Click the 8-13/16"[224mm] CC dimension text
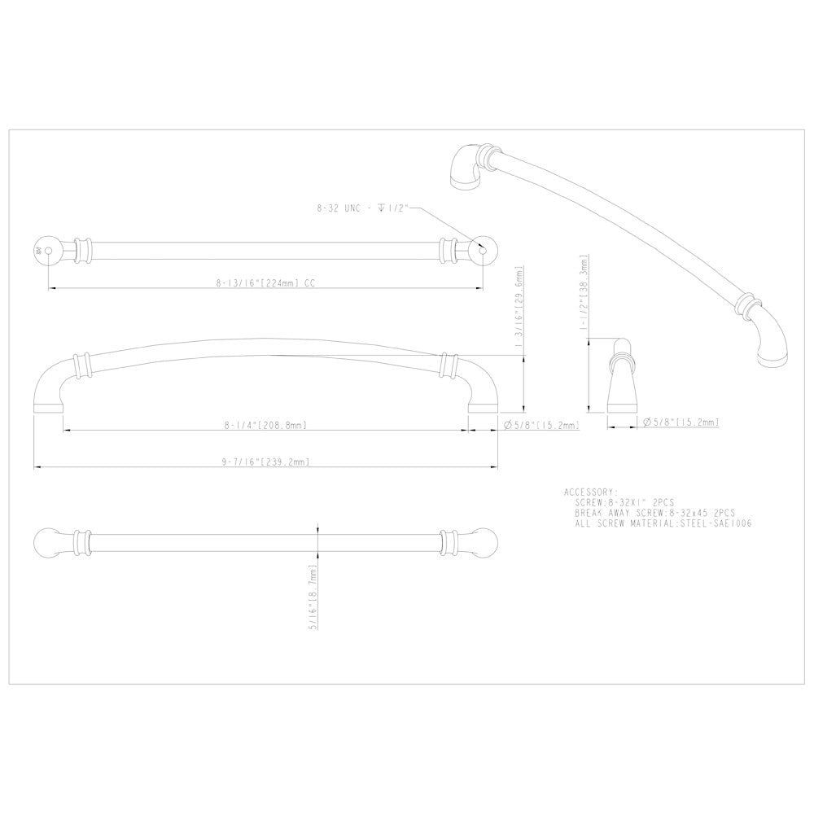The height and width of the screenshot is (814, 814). pyautogui.click(x=265, y=284)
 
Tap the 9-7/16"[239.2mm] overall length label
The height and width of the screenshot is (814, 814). pyautogui.click(x=265, y=462)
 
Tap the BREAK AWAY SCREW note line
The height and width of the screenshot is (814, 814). pyautogui.click(x=654, y=514)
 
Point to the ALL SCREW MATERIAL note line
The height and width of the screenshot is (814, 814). pyautogui.click(x=663, y=524)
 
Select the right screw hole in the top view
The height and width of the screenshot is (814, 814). pyautogui.click(x=484, y=251)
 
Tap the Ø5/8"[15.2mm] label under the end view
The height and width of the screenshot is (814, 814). pyautogui.click(x=683, y=422)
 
